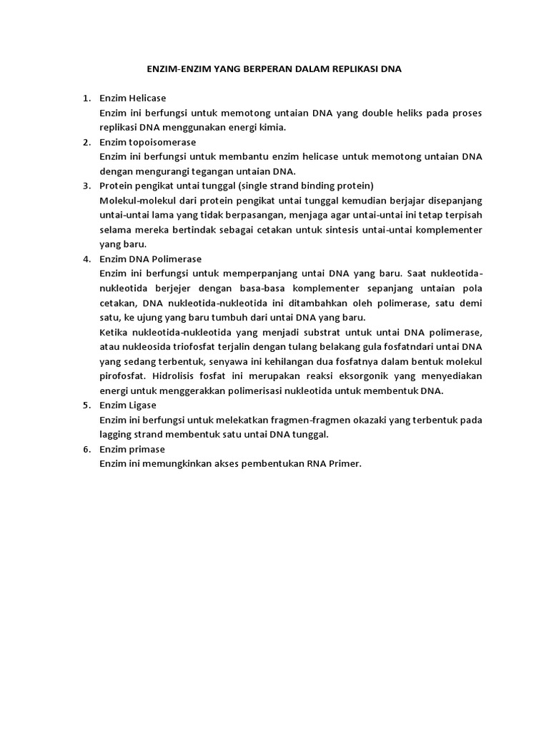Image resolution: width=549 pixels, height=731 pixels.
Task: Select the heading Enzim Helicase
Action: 133,98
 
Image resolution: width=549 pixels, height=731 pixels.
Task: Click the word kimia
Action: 272,128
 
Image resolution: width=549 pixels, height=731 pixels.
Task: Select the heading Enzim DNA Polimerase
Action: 151,259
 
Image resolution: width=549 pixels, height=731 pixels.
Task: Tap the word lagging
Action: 117,435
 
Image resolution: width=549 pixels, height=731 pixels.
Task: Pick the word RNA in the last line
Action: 317,464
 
